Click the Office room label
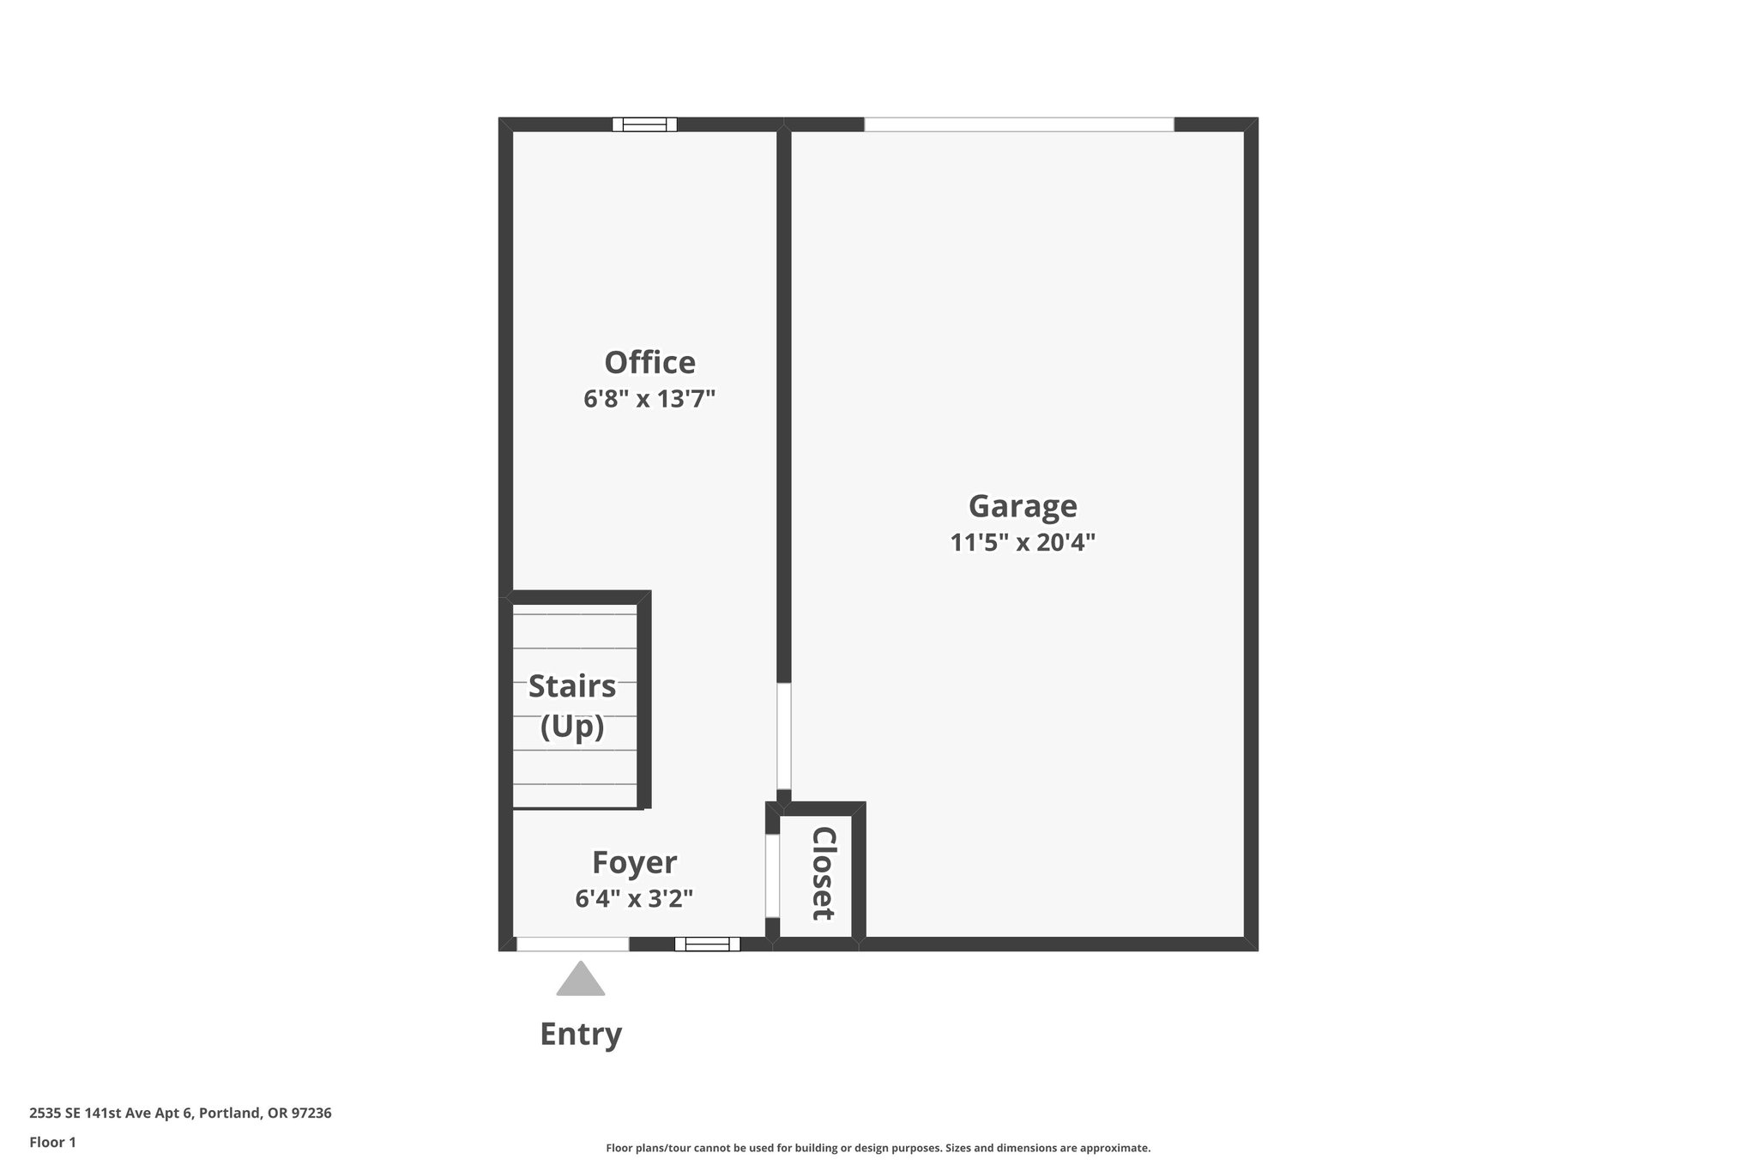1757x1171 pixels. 649,363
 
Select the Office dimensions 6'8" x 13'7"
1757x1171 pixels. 649,400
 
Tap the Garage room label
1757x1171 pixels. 1023,506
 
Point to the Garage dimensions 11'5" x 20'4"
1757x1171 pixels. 1023,543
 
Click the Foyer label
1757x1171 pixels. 634,862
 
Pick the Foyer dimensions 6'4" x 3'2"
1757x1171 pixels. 634,899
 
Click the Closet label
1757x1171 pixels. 823,873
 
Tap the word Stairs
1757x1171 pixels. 572,686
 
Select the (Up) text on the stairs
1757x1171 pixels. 572,727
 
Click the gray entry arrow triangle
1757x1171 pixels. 581,980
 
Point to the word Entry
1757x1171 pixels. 581,1035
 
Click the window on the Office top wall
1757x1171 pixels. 644,124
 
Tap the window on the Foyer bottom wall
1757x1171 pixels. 707,944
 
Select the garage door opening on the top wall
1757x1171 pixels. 1018,124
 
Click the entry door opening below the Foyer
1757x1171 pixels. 573,944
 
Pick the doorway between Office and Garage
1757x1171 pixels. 783,736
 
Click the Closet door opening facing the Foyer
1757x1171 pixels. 772,875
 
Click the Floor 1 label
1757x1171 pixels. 53,1142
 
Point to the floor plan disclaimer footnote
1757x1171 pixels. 878,1148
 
